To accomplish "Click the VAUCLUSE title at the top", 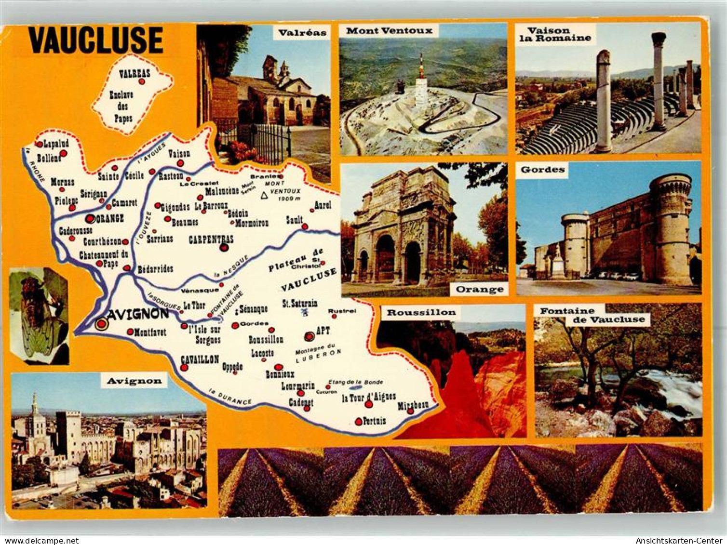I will coord(95,40).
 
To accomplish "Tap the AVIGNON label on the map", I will coord(138,314).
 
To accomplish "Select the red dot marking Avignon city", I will coord(101,324).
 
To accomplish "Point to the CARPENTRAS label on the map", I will coord(211,239).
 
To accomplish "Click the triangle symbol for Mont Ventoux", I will coord(264,195).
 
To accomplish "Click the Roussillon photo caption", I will coord(421,312).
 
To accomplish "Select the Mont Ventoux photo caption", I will coord(389,31).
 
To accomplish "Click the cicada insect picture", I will coord(39,316).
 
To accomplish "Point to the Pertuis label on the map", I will coord(374,421).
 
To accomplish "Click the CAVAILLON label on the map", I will coord(200,359).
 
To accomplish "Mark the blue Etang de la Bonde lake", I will coord(356,387).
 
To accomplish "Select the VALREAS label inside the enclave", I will coord(135,74).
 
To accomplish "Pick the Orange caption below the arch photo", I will coord(479,289).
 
